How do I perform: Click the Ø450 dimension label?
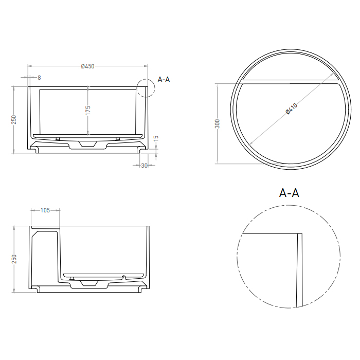click(x=88, y=66)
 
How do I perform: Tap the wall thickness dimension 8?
click(x=39, y=77)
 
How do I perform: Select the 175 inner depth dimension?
click(x=88, y=110)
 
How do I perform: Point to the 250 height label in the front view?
click(x=14, y=119)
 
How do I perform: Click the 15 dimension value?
click(x=156, y=138)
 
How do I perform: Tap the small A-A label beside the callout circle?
click(x=164, y=79)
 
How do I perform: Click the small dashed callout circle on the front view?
click(x=146, y=88)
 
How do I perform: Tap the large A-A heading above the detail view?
click(x=289, y=193)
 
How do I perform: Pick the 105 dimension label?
click(x=45, y=210)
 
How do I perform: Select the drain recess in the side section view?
click(x=92, y=283)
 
